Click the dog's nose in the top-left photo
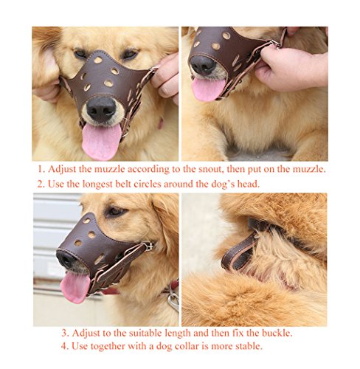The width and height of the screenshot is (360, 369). tap(101, 109)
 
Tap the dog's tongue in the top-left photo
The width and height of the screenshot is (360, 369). tap(101, 142)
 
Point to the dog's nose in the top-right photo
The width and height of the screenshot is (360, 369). tap(203, 65)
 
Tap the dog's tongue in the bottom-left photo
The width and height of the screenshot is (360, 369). tap(75, 286)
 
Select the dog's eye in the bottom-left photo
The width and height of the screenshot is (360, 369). tap(116, 211)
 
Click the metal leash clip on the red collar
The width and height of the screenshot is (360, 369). tap(174, 301)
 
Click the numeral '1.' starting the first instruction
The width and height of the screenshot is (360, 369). tap(41, 169)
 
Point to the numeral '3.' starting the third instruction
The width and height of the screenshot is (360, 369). tap(65, 334)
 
